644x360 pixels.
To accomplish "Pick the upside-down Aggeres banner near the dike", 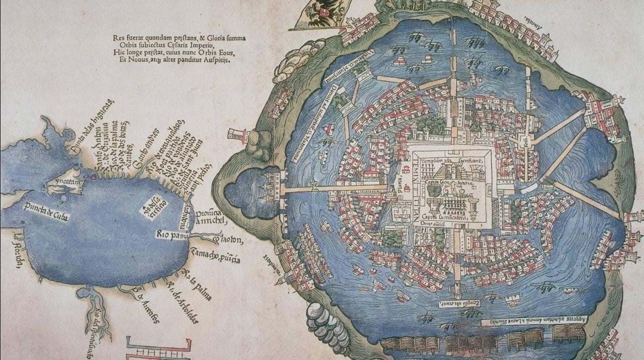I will point(534,320).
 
